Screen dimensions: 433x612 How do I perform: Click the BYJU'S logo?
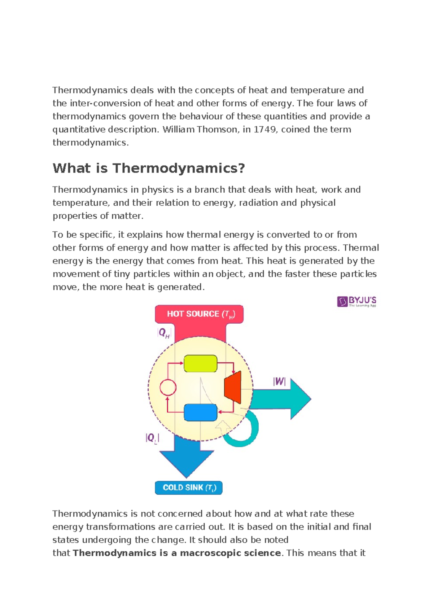tap(357, 301)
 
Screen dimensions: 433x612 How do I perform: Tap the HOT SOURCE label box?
tap(199, 314)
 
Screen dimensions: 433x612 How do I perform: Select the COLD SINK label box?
tap(189, 488)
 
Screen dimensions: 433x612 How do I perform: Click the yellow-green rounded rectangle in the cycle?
tap(200, 363)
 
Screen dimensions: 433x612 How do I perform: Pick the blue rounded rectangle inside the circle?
tap(200, 412)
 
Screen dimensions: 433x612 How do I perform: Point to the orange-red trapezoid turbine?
tap(233, 388)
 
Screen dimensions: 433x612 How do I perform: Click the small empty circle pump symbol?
tap(168, 388)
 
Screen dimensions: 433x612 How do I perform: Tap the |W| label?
tap(279, 381)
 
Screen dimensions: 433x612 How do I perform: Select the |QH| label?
tap(164, 333)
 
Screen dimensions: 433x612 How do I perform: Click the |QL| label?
tap(152, 438)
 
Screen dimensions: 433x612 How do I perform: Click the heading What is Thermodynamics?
tap(149, 168)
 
